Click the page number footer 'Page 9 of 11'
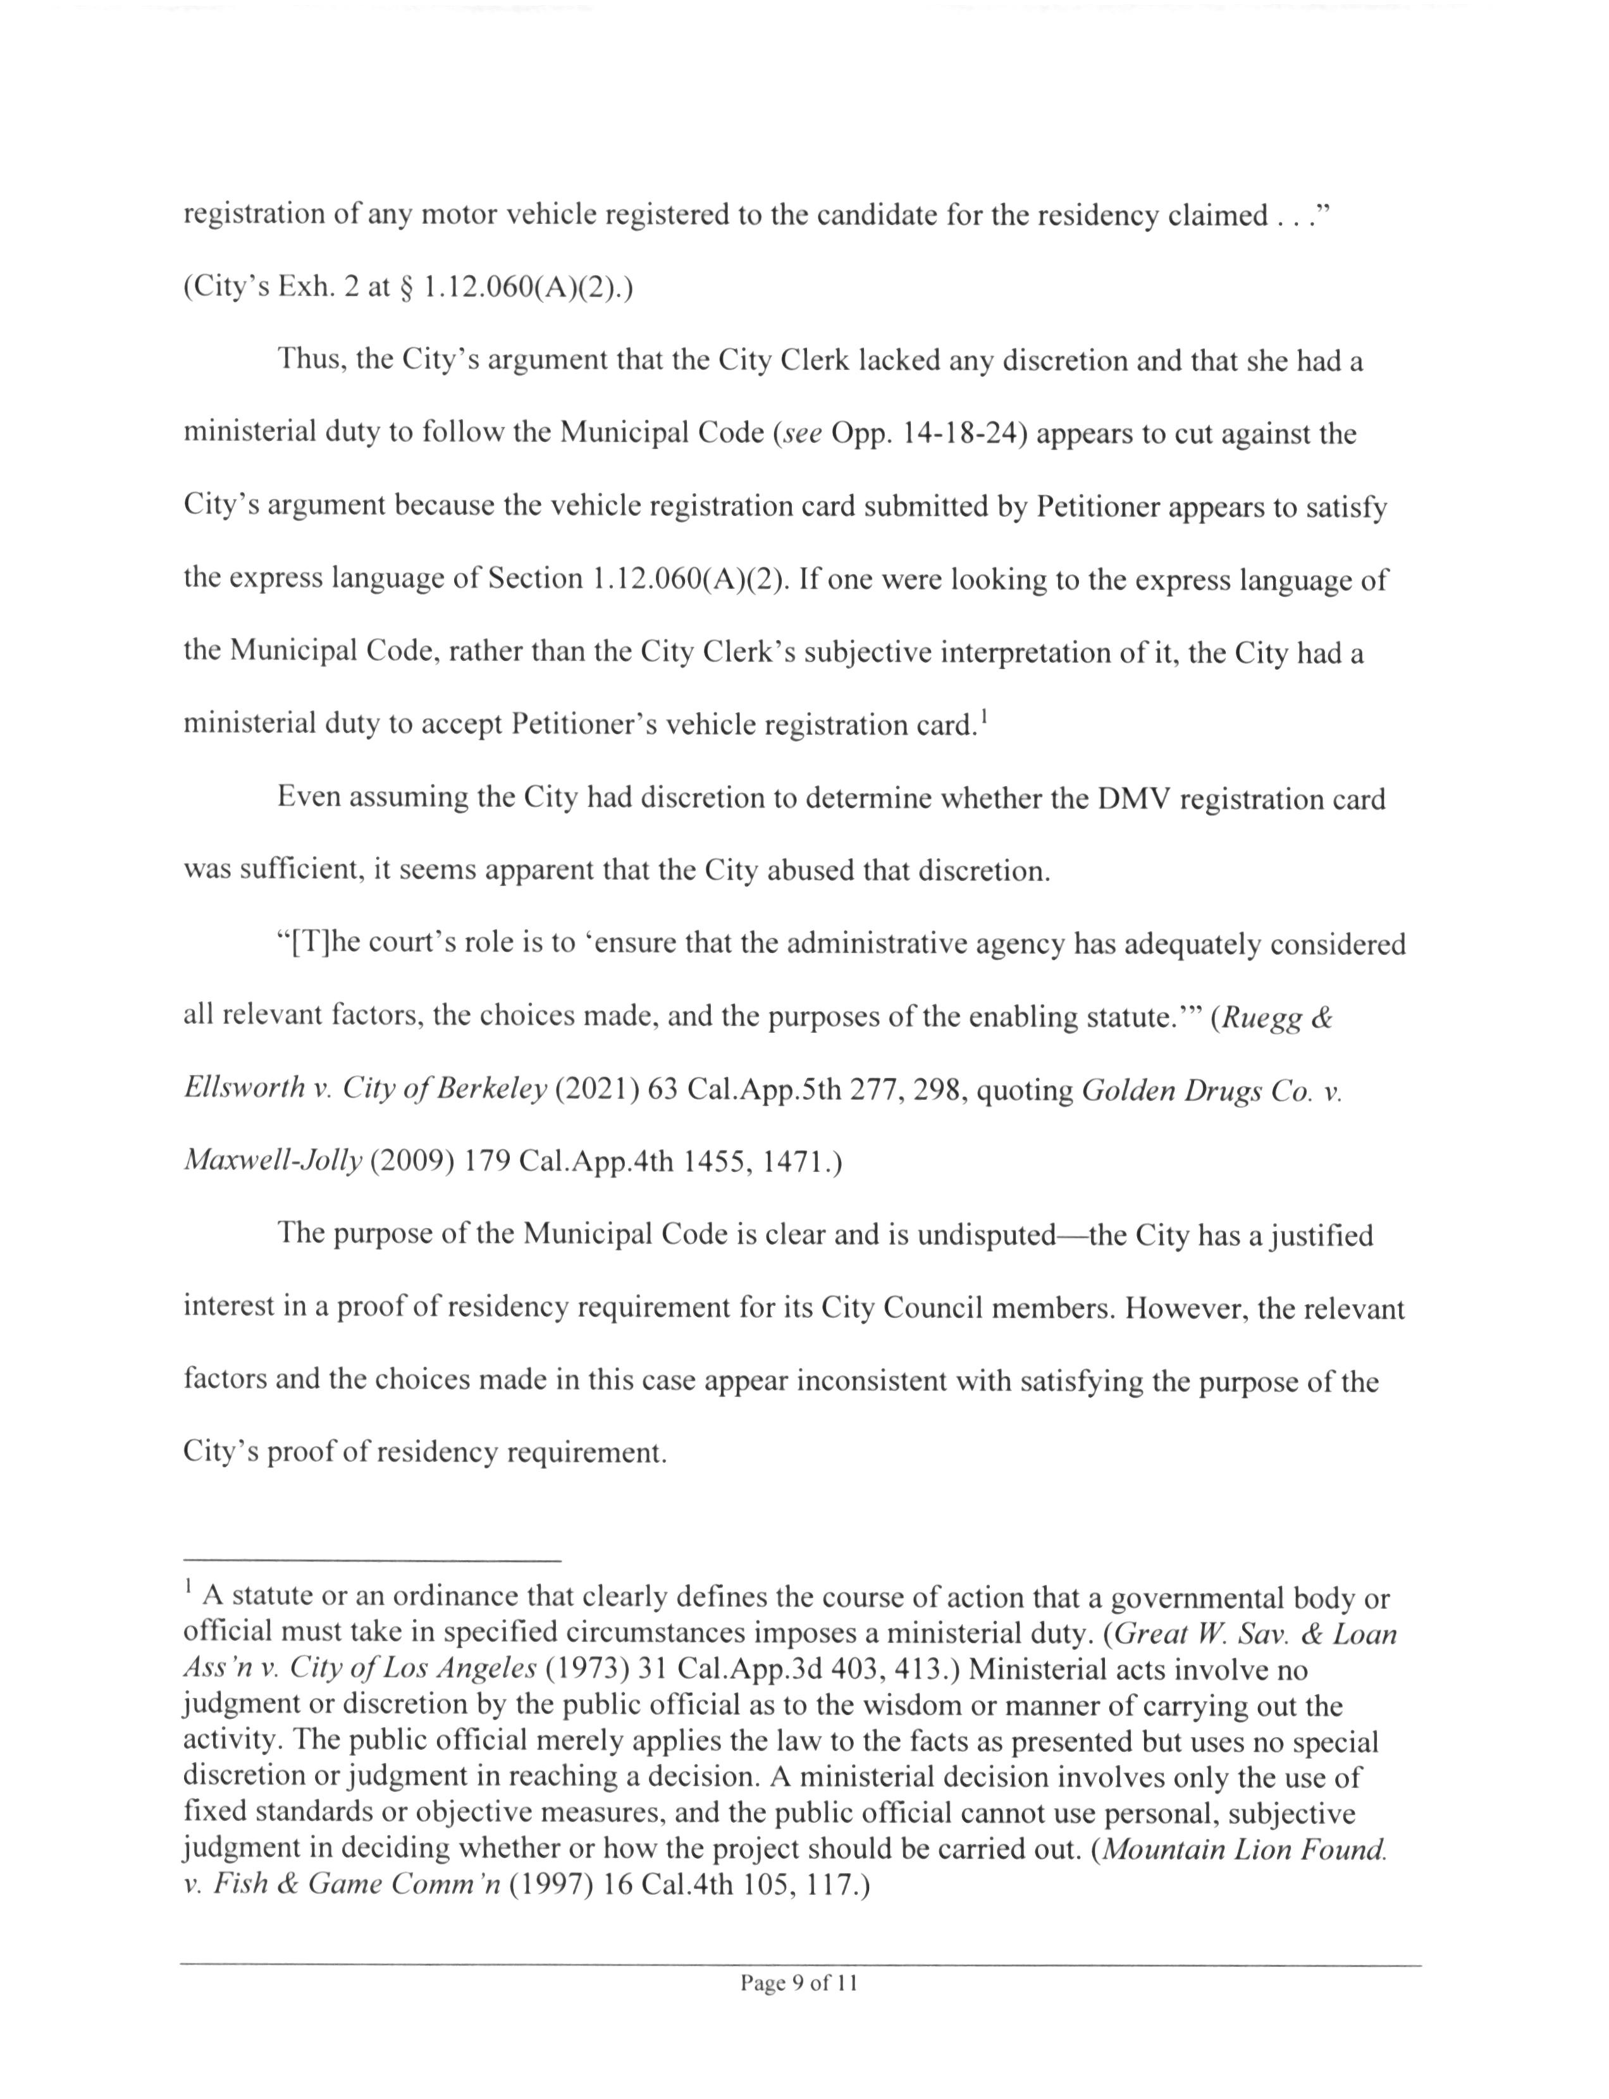tap(798, 1983)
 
